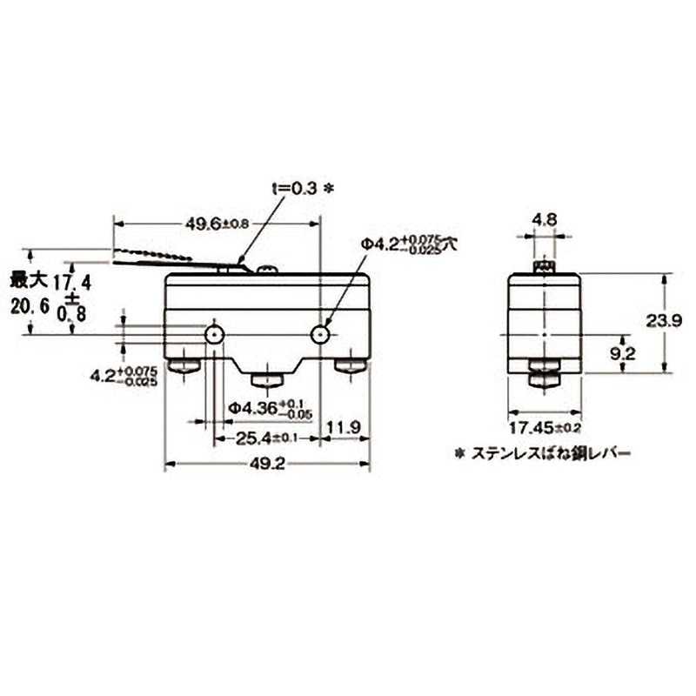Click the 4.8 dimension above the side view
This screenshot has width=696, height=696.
tap(545, 220)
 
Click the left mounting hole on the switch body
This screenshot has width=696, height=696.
tap(214, 335)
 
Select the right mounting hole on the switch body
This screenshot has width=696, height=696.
tap(322, 335)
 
